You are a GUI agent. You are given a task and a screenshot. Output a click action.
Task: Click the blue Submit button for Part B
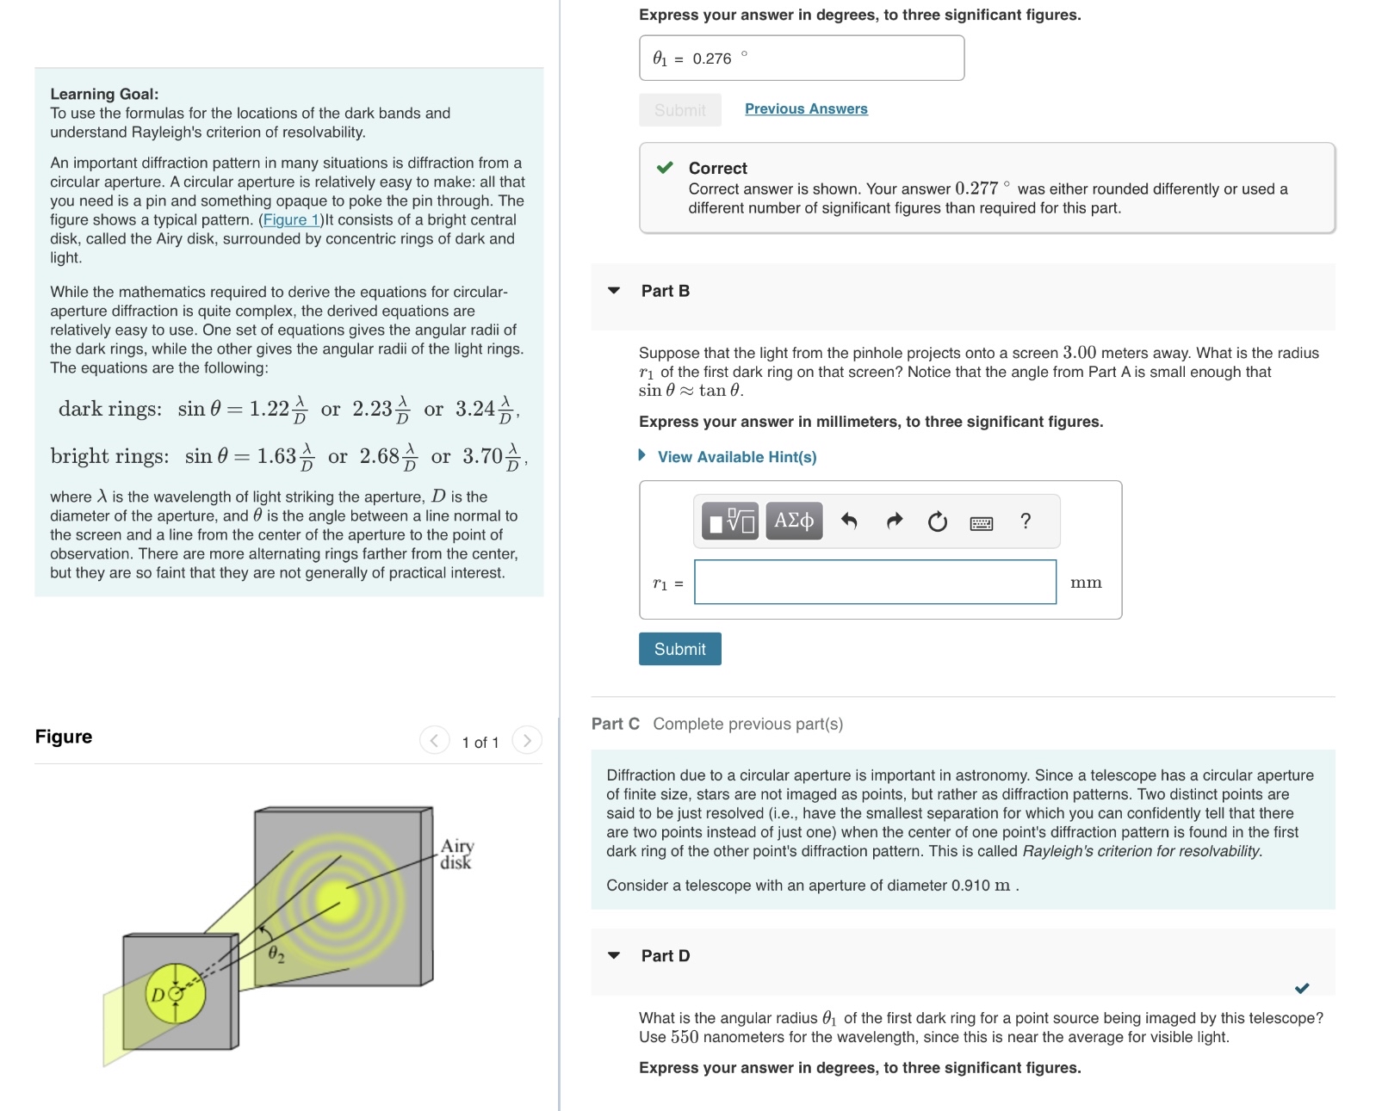pyautogui.click(x=679, y=649)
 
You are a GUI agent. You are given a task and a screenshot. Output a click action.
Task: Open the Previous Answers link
pyautogui.click(x=805, y=108)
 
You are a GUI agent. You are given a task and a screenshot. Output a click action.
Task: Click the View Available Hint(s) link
pyautogui.click(x=736, y=457)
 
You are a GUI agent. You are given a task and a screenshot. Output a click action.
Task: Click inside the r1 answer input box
pyautogui.click(x=874, y=583)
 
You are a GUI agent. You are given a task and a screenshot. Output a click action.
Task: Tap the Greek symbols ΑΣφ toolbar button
pyautogui.click(x=793, y=521)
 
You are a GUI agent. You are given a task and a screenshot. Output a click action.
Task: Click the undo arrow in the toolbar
pyautogui.click(x=849, y=521)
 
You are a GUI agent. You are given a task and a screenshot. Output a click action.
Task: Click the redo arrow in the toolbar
pyautogui.click(x=894, y=521)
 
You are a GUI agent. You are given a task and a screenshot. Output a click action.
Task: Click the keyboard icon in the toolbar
pyautogui.click(x=981, y=522)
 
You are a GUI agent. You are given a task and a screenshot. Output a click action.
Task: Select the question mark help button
pyautogui.click(x=1025, y=521)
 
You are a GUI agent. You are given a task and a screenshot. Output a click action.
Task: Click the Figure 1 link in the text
pyautogui.click(x=291, y=219)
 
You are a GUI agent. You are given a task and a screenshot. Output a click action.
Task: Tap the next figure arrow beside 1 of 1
pyautogui.click(x=527, y=740)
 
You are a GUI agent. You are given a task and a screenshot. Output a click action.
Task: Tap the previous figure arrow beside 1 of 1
pyautogui.click(x=434, y=740)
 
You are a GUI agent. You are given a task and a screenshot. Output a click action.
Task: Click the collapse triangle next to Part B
pyautogui.click(x=614, y=291)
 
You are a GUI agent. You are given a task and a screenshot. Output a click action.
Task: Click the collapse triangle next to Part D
pyautogui.click(x=614, y=955)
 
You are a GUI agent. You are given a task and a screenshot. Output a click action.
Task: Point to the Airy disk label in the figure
pyautogui.click(x=456, y=854)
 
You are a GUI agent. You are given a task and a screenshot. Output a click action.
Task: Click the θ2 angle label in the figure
pyautogui.click(x=276, y=954)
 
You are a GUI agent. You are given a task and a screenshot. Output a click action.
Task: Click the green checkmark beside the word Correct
pyautogui.click(x=665, y=168)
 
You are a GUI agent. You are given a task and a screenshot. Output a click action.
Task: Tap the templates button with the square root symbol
pyautogui.click(x=729, y=521)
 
